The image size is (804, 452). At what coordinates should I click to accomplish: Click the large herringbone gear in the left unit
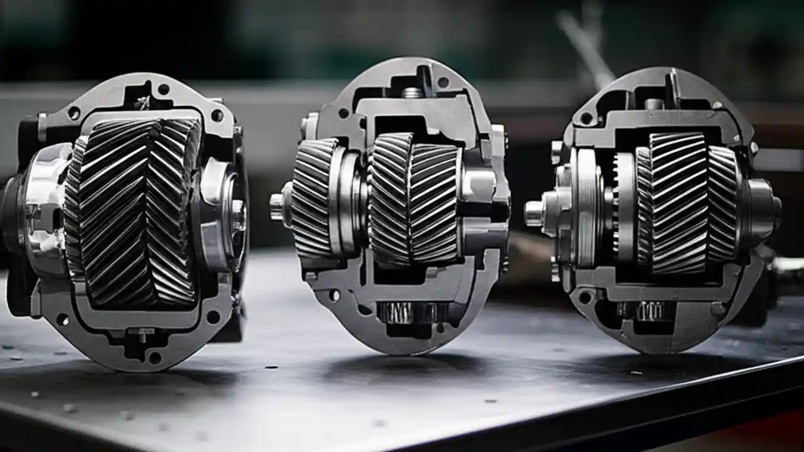coord(135,213)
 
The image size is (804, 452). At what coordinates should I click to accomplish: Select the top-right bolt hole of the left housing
coord(217,116)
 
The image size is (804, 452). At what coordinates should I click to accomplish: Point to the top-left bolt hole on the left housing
coord(74,113)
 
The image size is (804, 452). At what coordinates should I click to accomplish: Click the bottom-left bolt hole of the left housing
coord(62,320)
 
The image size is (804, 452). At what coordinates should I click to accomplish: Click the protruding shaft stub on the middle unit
coord(277,207)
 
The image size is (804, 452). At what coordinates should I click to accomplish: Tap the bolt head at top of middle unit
coord(412,92)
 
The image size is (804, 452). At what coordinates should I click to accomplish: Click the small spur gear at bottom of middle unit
coord(411,312)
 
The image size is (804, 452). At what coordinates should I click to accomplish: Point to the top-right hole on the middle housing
coord(443,82)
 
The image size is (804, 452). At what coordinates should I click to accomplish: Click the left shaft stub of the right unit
coord(534,213)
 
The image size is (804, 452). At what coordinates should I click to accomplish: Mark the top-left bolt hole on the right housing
coord(587,118)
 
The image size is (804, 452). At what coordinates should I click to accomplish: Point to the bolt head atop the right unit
coord(654,104)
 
